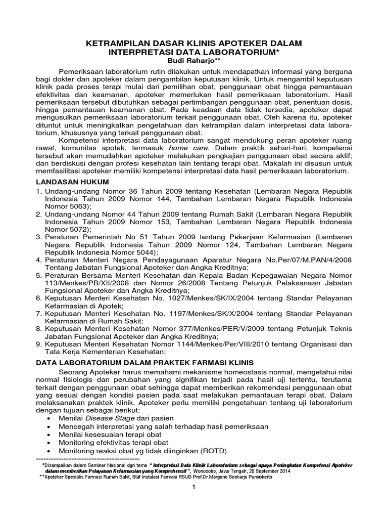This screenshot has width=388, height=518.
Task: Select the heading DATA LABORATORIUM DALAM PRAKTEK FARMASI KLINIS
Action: click(x=146, y=362)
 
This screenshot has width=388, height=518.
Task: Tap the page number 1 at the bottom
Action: click(x=193, y=487)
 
